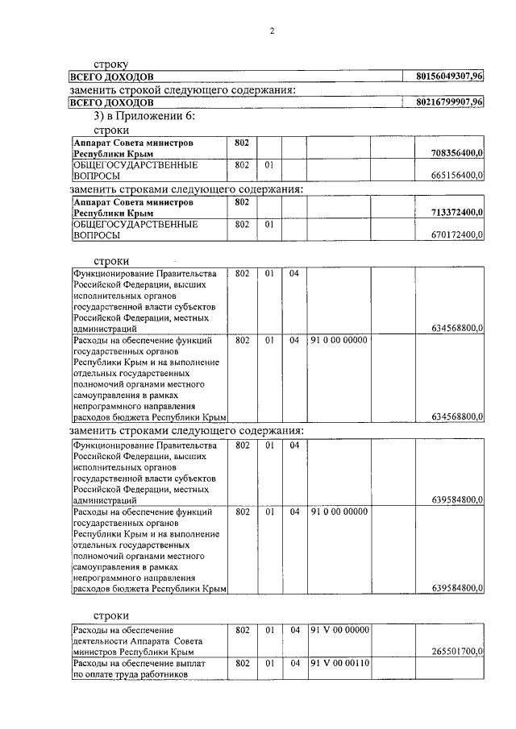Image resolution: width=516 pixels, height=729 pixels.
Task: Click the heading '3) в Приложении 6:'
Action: (144, 116)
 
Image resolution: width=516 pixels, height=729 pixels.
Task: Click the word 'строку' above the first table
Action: (111, 63)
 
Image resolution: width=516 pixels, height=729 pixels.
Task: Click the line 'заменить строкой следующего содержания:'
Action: (184, 89)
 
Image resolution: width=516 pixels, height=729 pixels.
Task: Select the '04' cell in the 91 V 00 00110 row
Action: (294, 664)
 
